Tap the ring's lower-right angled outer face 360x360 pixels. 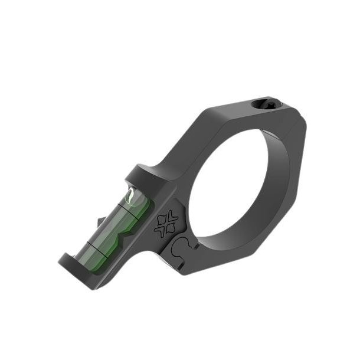tap(283, 236)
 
